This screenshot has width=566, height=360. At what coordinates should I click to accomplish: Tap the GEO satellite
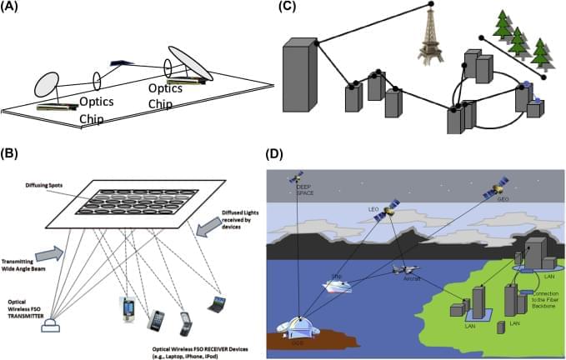tap(490, 192)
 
